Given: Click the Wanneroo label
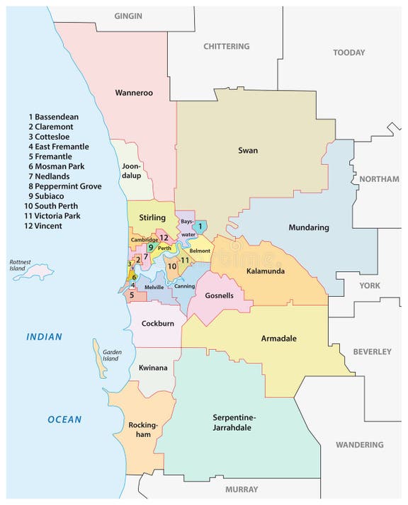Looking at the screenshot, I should pos(134,93).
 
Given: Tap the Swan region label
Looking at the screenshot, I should pos(248,150).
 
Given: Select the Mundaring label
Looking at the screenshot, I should pos(309,227).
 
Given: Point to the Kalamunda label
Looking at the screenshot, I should pos(266,271).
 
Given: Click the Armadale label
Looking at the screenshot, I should pos(278,338).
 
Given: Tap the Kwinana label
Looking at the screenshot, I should pos(154,368).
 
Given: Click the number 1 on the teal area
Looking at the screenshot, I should pos(200,227).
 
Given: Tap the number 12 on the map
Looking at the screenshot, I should pos(164,238).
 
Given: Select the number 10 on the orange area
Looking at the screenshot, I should pos(172,266).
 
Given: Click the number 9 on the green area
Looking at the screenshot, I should pos(150,248).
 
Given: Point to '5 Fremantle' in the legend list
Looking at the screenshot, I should pos(50,157).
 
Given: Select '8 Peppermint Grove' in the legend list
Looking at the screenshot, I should pos(64,186).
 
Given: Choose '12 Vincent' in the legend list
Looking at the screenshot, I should pos(43,226).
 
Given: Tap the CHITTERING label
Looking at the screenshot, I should pos(226,46).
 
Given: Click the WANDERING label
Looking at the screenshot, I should pos(361,445).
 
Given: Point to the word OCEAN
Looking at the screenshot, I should pos(64,419).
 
